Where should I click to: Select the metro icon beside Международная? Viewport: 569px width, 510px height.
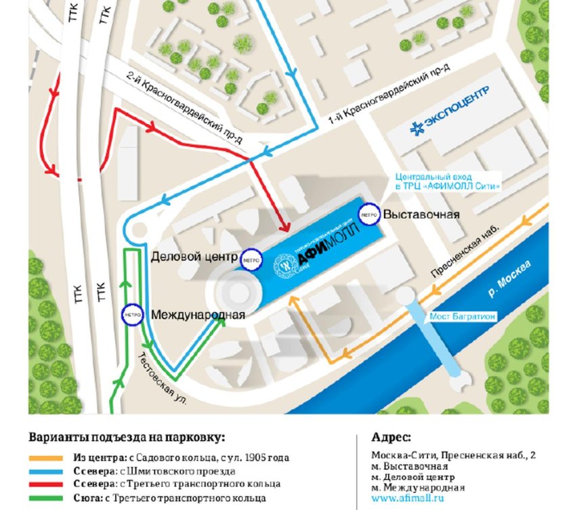[131, 314]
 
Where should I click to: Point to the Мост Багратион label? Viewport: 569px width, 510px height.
[461, 316]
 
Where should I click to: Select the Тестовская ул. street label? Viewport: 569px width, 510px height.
[163, 379]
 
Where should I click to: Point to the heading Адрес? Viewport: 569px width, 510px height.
[391, 436]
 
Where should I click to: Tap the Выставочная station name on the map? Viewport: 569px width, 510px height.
[421, 215]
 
